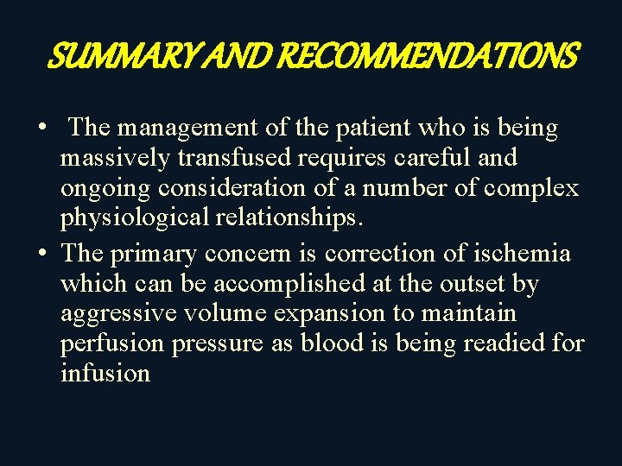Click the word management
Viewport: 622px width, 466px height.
tap(188, 129)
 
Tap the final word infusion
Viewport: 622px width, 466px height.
tap(105, 374)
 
